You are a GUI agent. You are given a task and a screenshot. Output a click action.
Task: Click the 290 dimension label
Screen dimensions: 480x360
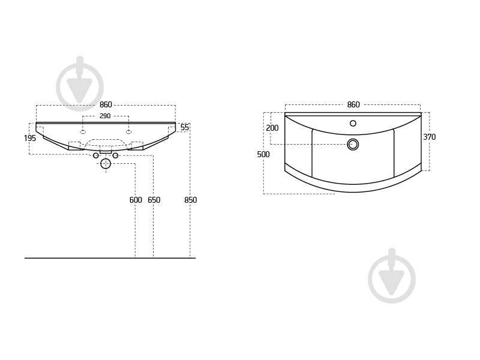(105, 116)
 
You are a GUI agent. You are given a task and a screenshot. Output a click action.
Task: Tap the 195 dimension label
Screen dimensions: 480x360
(30, 138)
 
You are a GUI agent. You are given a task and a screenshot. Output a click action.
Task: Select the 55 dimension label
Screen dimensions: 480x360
(185, 127)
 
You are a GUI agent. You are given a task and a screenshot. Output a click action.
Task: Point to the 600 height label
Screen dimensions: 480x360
(136, 200)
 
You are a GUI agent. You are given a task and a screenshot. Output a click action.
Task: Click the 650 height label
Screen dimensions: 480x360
(154, 200)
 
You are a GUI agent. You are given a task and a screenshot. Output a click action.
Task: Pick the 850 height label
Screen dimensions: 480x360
(190, 200)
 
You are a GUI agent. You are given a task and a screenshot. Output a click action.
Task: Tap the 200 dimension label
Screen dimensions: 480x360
(272, 128)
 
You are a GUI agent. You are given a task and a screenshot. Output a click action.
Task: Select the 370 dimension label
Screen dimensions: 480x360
(429, 137)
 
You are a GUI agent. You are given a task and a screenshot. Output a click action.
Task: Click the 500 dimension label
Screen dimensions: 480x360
(263, 154)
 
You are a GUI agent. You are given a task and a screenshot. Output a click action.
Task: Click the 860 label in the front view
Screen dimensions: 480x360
(106, 104)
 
